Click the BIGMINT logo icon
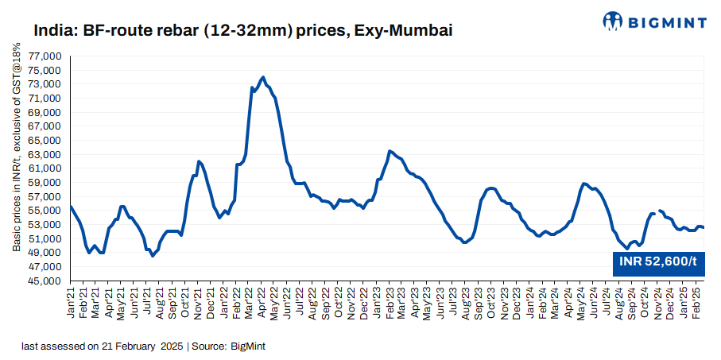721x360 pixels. click(613, 21)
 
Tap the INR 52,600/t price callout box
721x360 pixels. click(658, 261)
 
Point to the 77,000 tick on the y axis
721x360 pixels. click(45, 56)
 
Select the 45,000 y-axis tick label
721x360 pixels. click(45, 281)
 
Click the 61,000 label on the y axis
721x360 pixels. click(45, 168)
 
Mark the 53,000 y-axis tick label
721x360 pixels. click(45, 225)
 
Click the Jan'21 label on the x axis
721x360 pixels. click(71, 305)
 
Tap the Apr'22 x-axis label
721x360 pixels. click(261, 305)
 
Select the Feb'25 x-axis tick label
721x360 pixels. click(697, 305)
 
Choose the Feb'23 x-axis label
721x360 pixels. click(389, 305)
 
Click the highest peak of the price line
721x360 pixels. click(262, 77)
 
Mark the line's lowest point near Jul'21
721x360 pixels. click(153, 255)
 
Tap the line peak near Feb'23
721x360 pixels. click(390, 151)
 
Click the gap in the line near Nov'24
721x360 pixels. click(657, 211)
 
